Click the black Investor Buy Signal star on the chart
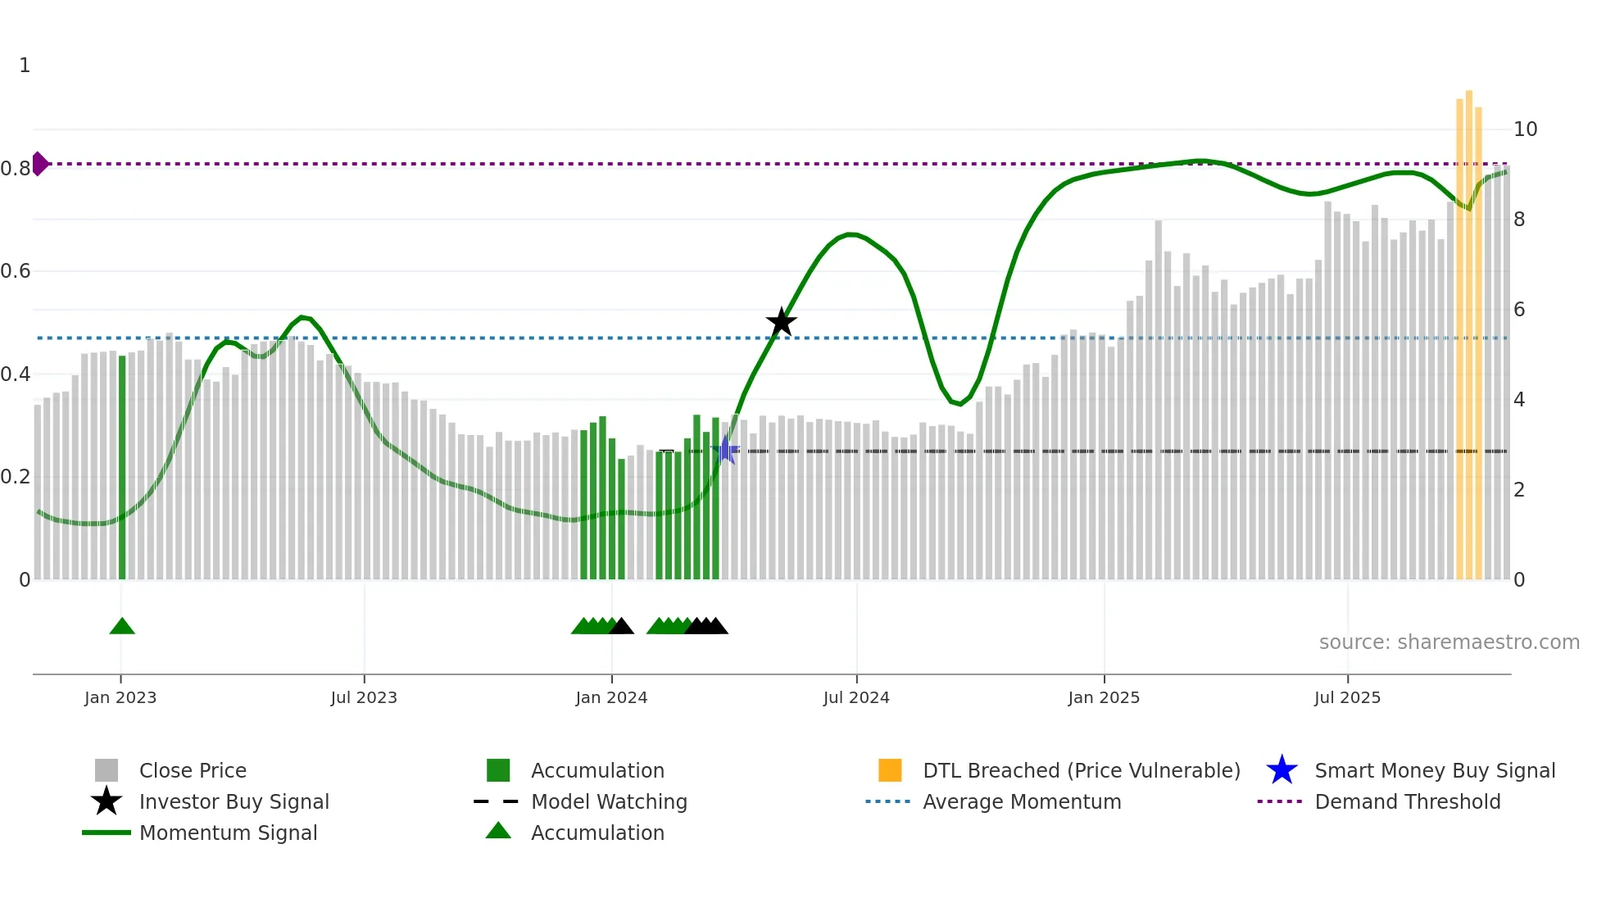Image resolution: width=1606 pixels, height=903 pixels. click(781, 322)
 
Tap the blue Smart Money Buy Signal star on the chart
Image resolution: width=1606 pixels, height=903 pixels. click(725, 451)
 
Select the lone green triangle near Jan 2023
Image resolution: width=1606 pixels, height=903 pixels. click(122, 627)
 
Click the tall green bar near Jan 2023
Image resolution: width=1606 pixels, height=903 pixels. click(122, 467)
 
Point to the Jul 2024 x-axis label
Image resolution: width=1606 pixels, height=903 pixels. click(856, 697)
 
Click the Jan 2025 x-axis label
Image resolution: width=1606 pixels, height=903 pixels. click(1104, 697)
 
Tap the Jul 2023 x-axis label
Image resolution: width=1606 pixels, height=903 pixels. click(364, 697)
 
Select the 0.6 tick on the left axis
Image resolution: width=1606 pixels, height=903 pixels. click(16, 271)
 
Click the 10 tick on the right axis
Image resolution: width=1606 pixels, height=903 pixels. click(1525, 129)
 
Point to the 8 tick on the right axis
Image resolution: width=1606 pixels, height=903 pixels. click(1519, 220)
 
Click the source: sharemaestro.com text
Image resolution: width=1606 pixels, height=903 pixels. click(1449, 642)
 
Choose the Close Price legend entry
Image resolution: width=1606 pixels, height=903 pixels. click(193, 770)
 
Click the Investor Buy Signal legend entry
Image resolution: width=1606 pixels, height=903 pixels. click(234, 801)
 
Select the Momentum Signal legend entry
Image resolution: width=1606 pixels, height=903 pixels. click(228, 833)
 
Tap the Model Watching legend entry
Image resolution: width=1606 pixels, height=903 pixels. click(609, 801)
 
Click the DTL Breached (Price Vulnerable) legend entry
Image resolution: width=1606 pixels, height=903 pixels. click(1081, 770)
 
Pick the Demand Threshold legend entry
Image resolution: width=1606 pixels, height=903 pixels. click(1407, 801)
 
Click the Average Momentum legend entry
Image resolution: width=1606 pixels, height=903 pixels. click(1022, 801)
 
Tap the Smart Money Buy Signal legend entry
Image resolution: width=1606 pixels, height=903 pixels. click(1434, 770)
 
